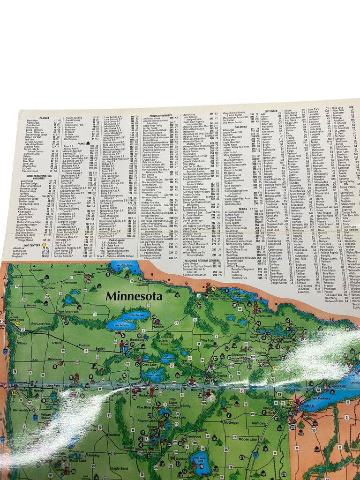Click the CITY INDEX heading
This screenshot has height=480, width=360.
[x=271, y=112]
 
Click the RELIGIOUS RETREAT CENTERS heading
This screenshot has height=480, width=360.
[x=202, y=260]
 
